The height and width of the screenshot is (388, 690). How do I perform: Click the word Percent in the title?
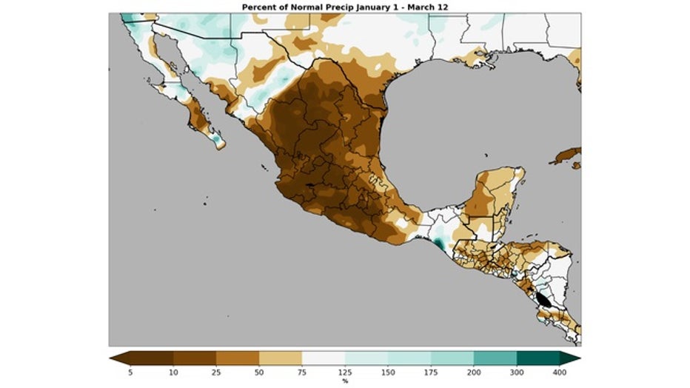point(259,7)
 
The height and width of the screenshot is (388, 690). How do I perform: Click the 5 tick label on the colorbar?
point(130,372)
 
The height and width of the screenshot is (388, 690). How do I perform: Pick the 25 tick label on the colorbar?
point(216,372)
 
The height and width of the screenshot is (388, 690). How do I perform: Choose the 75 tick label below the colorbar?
point(302,372)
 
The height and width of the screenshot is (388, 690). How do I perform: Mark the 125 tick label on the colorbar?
point(345,372)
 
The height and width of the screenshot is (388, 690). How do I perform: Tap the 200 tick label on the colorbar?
point(474,372)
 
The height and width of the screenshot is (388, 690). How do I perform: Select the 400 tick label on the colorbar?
point(560,372)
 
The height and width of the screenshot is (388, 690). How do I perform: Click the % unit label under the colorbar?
point(345,381)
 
